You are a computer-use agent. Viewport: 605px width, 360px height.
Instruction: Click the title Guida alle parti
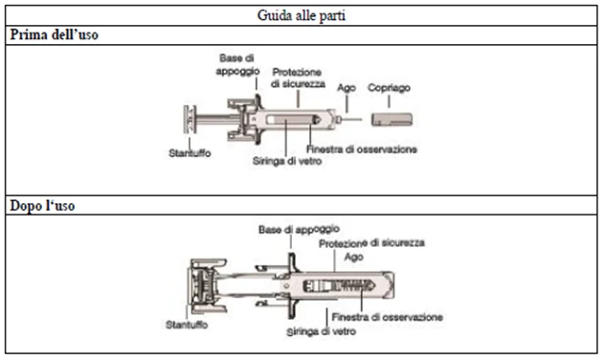coord(302,16)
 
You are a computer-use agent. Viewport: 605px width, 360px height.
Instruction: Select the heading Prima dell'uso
coord(54,34)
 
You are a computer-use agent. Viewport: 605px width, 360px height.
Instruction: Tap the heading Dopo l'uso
coord(42,206)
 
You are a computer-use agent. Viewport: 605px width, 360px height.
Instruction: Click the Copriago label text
coord(389,88)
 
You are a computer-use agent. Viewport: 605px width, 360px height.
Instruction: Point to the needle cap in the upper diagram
coord(392,120)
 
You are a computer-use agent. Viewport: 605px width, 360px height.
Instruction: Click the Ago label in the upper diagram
coord(347,88)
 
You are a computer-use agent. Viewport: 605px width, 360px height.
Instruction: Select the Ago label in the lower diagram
coord(354,257)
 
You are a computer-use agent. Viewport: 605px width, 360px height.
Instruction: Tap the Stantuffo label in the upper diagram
coord(190,153)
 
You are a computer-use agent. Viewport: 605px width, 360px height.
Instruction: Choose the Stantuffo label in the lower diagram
coord(187,325)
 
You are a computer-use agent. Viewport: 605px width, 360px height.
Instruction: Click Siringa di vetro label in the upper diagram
coord(287,161)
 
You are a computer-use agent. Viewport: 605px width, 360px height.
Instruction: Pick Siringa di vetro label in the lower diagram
coord(321,331)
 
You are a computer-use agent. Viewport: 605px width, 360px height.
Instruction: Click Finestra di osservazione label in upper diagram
coord(362,149)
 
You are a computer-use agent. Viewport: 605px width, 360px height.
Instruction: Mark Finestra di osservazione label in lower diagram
coord(387,317)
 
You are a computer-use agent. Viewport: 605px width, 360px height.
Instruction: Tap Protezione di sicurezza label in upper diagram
coord(298,78)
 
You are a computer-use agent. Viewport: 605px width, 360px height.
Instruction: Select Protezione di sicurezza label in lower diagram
coord(371,243)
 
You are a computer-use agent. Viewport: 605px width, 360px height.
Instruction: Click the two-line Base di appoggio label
coord(237,65)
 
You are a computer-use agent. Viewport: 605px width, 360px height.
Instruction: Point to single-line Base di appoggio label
coord(299,230)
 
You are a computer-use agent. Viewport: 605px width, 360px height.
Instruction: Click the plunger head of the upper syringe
coord(190,120)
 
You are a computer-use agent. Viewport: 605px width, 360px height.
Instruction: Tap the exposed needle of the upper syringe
coord(351,120)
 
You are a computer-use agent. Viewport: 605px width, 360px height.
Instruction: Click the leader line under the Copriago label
coord(389,101)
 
